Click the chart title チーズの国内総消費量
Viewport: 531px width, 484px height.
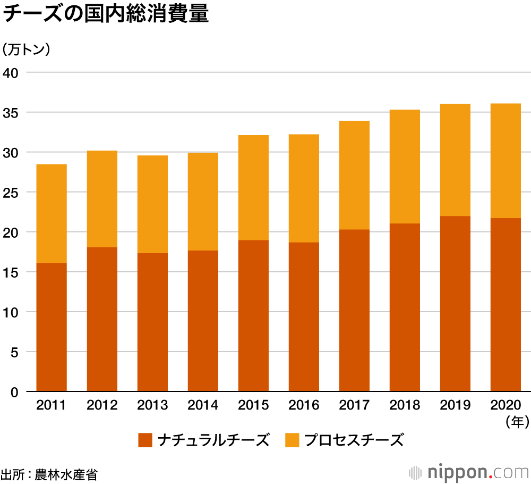click(x=106, y=14)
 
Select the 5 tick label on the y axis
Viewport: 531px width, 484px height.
click(x=14, y=352)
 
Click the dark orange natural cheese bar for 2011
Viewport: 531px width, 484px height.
click(x=52, y=327)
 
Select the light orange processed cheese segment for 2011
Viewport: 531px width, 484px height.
click(x=52, y=214)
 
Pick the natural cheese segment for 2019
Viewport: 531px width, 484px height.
click(x=455, y=304)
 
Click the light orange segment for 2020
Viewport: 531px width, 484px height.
click(x=506, y=161)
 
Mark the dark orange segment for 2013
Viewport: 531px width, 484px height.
click(x=152, y=322)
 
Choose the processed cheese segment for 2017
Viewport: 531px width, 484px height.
click(x=354, y=175)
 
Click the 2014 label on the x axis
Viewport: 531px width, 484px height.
click(x=203, y=406)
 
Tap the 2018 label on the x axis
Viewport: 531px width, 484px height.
click(x=405, y=406)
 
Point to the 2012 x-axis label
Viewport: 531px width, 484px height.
click(x=102, y=406)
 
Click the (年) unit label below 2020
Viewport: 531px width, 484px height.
click(x=517, y=423)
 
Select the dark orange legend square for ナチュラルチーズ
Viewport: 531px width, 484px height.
click(x=145, y=440)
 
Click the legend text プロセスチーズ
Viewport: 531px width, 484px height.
click(x=354, y=440)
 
